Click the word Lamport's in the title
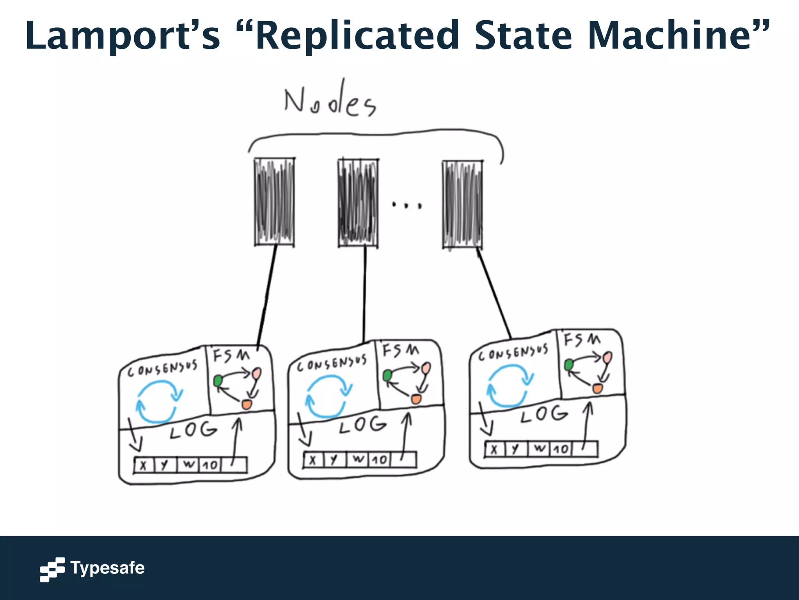pos(123,36)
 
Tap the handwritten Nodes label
pos(330,102)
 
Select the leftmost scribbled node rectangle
pos(274,202)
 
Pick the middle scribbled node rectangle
pos(358,202)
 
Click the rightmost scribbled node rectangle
pos(462,204)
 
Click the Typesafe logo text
pos(107,568)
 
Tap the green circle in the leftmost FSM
pos(218,380)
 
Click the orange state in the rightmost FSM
pos(597,388)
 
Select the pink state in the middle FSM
pos(426,368)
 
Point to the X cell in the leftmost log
pos(143,465)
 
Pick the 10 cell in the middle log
pos(379,460)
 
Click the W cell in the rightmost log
pos(540,448)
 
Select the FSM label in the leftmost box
pos(231,355)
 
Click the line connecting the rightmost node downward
pos(494,293)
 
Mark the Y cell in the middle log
pos(333,460)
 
